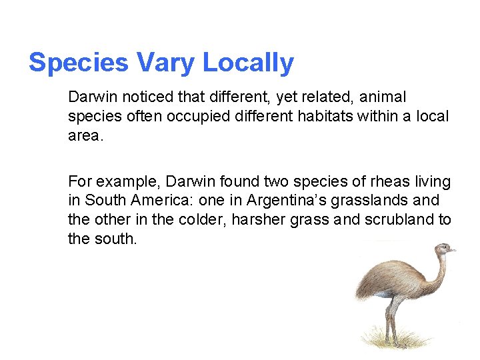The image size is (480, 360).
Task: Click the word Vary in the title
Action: (x=165, y=63)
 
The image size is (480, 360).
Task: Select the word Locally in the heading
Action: (x=248, y=63)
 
